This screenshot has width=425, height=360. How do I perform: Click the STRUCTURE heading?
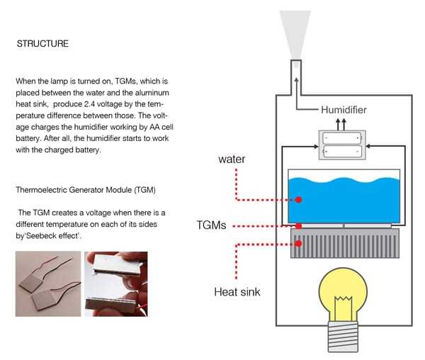42,44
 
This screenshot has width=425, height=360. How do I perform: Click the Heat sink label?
237,291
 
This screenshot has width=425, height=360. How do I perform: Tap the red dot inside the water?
298,200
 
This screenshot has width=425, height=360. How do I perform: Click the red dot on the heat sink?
298,243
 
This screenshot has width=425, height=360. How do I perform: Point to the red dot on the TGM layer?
298,226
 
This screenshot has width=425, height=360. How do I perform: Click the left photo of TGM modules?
47,283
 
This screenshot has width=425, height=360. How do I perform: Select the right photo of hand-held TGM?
116,283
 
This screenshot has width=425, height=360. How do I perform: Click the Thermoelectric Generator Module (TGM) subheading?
86,191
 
